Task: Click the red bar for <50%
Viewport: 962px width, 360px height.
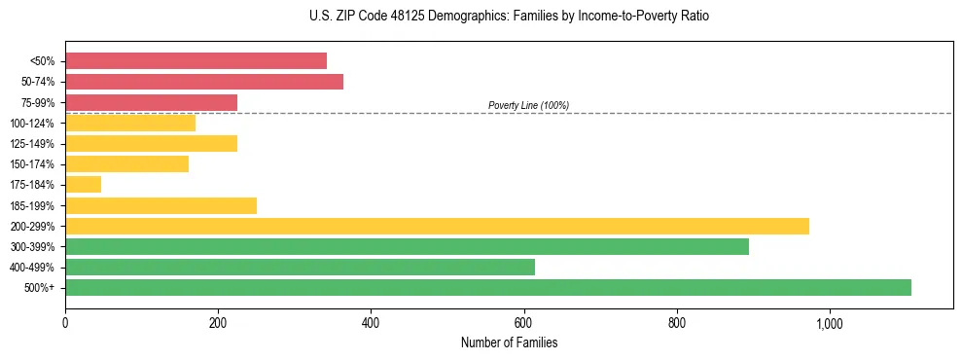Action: pos(196,61)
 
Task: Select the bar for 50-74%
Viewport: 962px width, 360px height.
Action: pos(204,82)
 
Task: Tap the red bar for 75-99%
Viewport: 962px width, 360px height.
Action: pos(151,102)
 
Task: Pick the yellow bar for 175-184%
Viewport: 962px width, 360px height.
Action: pos(83,185)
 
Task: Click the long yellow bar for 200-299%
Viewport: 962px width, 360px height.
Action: pos(437,226)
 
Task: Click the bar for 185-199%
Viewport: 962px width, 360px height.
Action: pos(160,205)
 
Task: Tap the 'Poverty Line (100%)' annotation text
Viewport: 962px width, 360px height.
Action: pos(528,105)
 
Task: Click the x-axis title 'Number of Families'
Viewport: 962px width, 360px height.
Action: pos(509,343)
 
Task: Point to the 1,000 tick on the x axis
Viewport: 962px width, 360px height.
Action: pos(830,323)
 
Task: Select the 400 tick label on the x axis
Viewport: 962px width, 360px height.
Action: pos(371,323)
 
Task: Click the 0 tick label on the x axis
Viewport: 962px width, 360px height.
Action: pos(65,323)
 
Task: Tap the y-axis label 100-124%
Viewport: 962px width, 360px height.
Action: pos(32,124)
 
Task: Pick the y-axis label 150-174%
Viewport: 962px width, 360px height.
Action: pos(32,164)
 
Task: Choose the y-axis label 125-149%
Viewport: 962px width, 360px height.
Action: pos(32,144)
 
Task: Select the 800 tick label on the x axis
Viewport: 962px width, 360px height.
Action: pos(677,323)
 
